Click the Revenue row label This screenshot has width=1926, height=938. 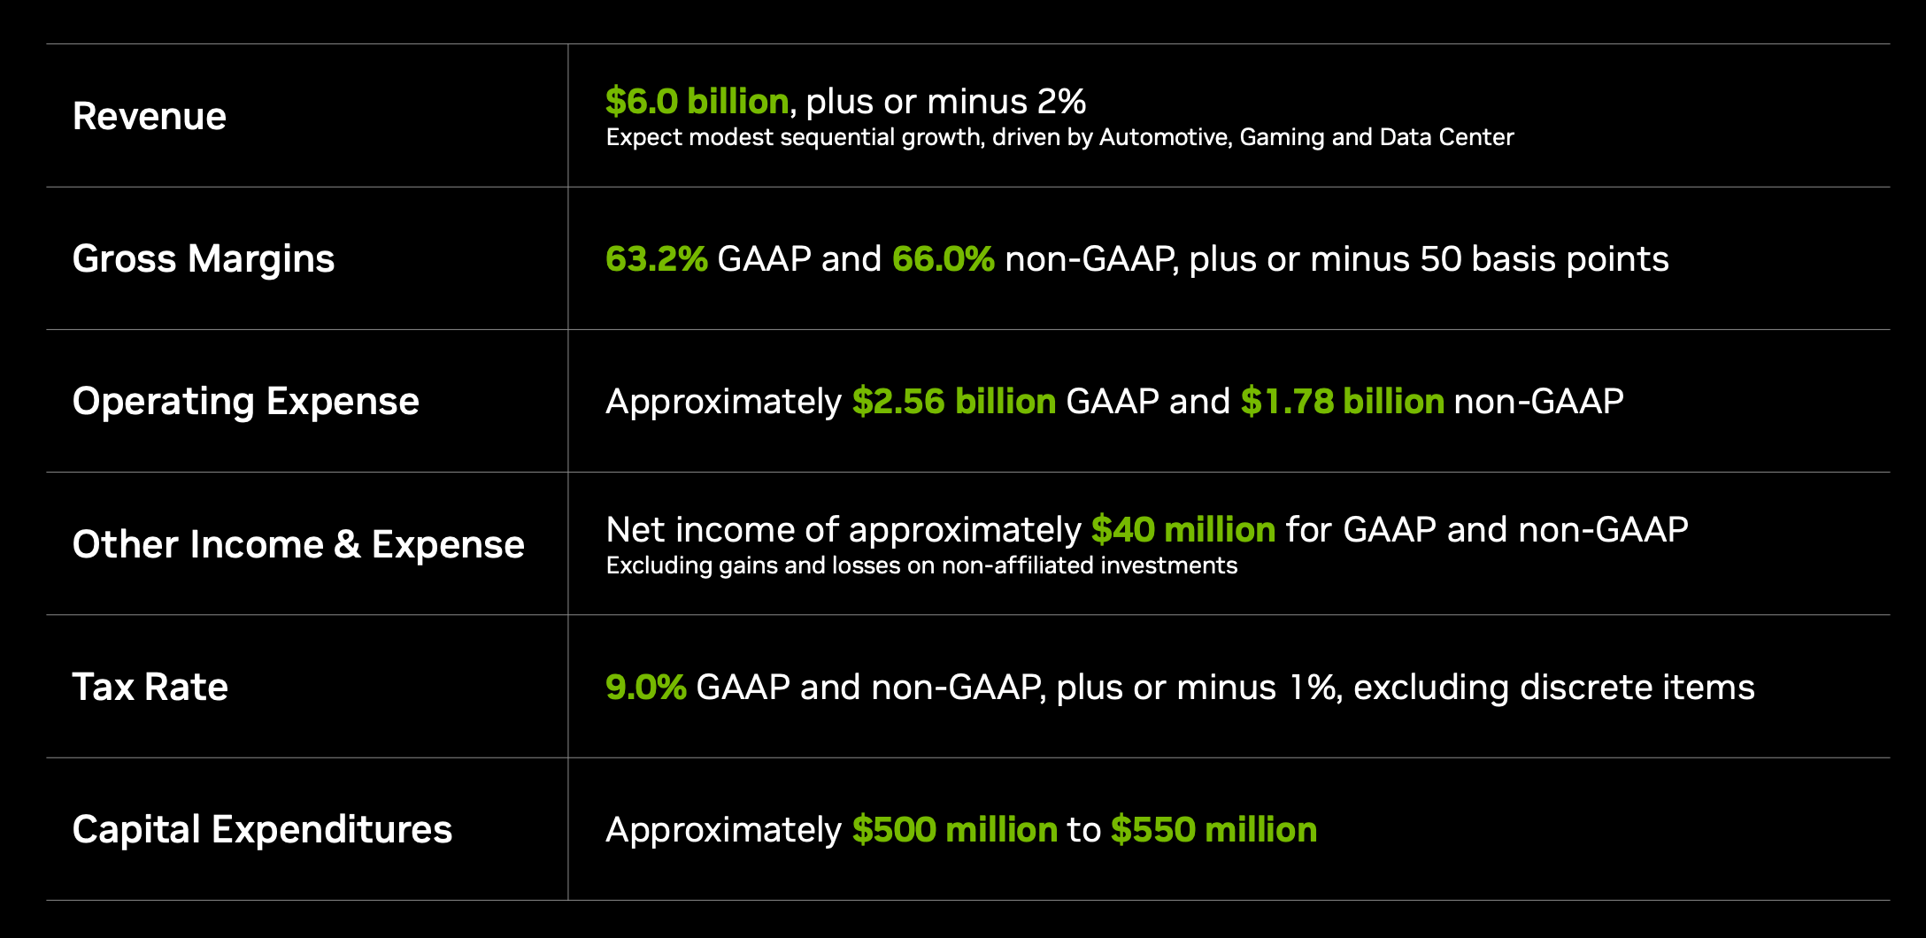pos(150,116)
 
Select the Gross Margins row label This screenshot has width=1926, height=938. pos(204,259)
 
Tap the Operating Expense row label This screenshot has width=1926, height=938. pos(246,402)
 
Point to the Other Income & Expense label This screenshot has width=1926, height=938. pos(298,544)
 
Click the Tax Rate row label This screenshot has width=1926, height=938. pos(150,687)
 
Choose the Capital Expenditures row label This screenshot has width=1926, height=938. pos(262,830)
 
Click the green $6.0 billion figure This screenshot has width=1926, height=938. pos(697,101)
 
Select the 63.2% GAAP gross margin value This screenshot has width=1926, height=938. pos(657,259)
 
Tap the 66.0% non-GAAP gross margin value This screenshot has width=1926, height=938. pos(944,259)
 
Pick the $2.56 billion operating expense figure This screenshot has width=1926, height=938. pos(954,402)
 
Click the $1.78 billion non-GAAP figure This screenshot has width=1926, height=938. pos(1343,402)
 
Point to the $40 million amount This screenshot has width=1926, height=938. pos(1183,530)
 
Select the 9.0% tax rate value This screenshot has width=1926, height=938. pos(646,688)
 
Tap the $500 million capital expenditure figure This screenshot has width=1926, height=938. pos(955,830)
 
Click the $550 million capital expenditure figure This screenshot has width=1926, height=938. pos(1214,830)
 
